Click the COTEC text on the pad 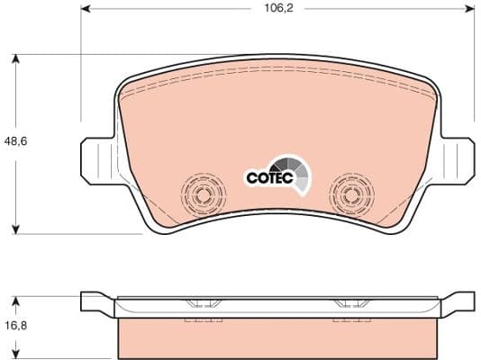tap(268, 178)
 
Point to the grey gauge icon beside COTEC tap(297, 173)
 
